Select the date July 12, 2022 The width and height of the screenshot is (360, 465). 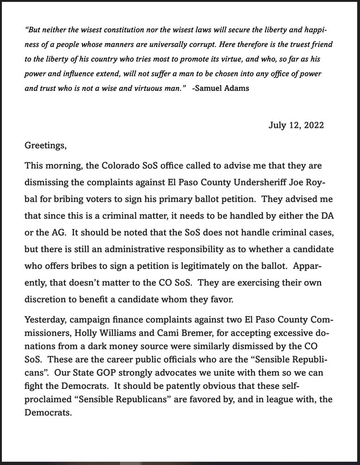coord(296,125)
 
